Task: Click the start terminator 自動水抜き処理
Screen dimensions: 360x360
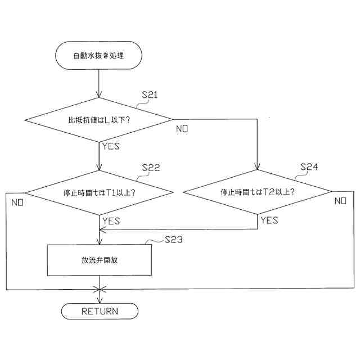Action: point(99,56)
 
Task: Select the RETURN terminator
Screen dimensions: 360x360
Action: point(99,311)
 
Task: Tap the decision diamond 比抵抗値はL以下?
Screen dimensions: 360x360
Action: point(99,119)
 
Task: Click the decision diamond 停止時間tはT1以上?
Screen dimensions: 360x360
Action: point(99,192)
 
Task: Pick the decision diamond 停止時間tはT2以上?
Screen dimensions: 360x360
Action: point(258,192)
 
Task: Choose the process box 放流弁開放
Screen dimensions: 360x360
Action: point(99,260)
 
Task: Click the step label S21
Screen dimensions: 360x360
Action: point(149,95)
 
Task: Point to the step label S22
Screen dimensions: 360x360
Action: point(151,168)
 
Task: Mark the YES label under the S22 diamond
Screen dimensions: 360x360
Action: point(111,221)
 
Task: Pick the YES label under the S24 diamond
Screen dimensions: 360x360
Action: point(269,220)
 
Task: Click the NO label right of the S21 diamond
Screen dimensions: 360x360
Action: point(182,129)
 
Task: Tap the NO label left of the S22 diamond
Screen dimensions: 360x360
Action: point(16,201)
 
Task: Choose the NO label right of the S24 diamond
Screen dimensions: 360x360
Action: point(340,201)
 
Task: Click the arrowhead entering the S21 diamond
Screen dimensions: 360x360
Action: point(99,94)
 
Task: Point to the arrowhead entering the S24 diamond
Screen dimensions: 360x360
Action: point(258,167)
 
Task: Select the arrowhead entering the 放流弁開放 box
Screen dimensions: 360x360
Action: point(99,241)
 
